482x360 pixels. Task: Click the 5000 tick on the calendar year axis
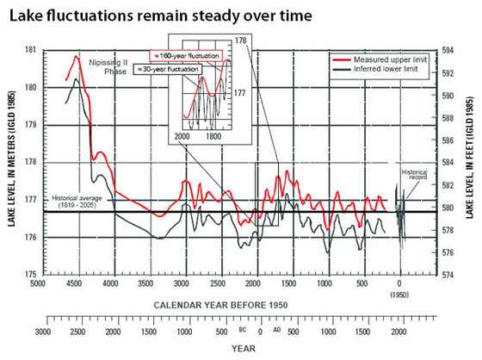[x=37, y=283]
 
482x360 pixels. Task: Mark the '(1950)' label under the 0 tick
[x=399, y=293]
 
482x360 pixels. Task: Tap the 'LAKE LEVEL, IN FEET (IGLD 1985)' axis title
[x=471, y=162]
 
